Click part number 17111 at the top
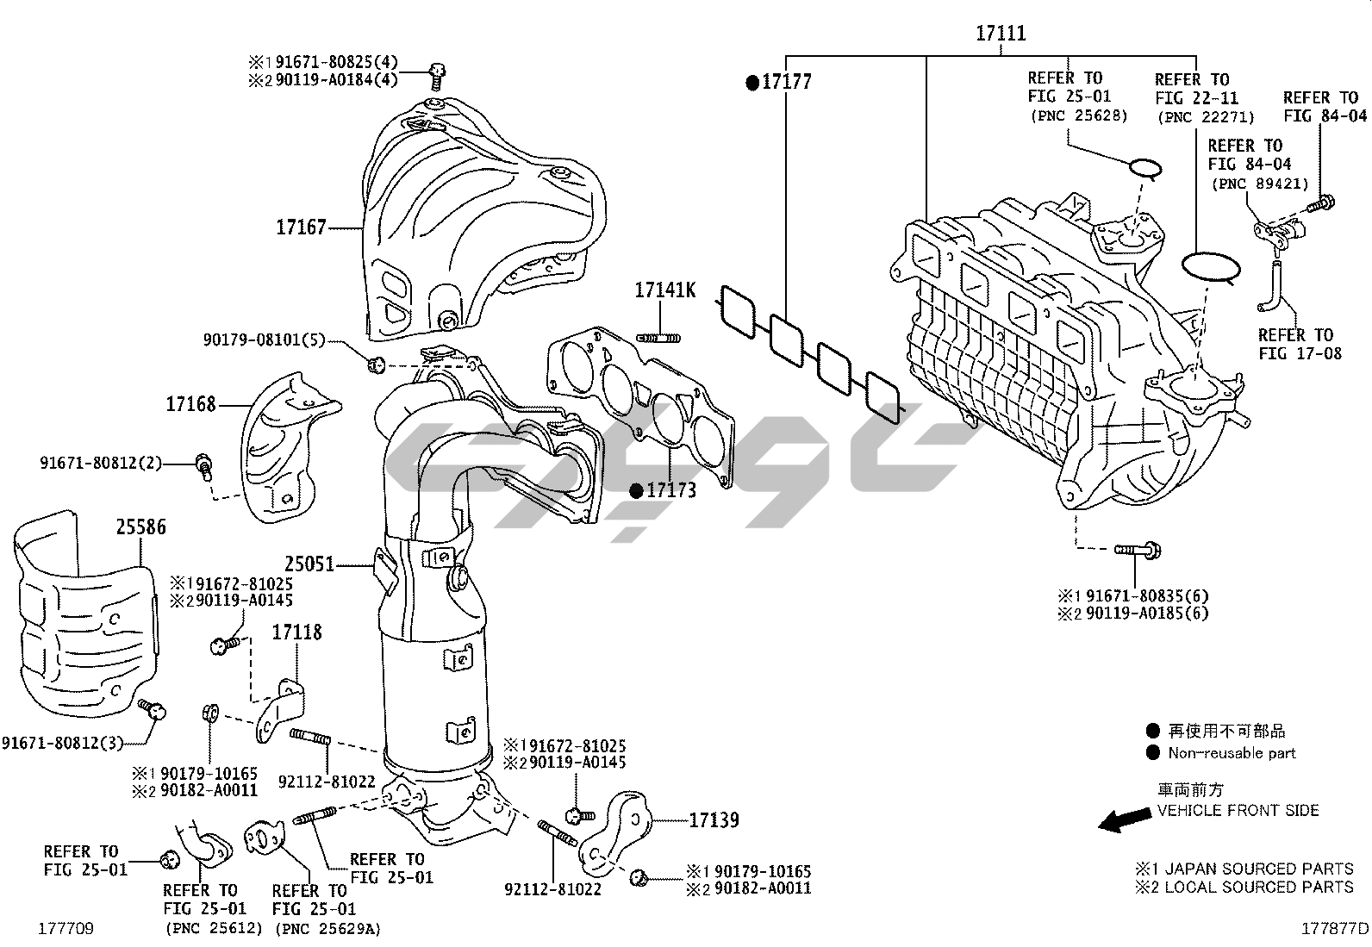point(1001,34)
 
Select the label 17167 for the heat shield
point(301,227)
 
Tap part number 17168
point(191,404)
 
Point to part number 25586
point(141,526)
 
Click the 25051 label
point(309,565)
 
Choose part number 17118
point(296,632)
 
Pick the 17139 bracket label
point(714,819)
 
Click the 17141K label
point(664,290)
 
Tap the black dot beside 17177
point(752,83)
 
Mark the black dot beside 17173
point(636,491)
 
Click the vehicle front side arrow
point(1124,821)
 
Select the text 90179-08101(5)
point(264,340)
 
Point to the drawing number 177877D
point(1334,929)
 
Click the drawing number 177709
point(65,929)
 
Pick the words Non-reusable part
point(1232,753)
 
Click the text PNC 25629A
point(327,929)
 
